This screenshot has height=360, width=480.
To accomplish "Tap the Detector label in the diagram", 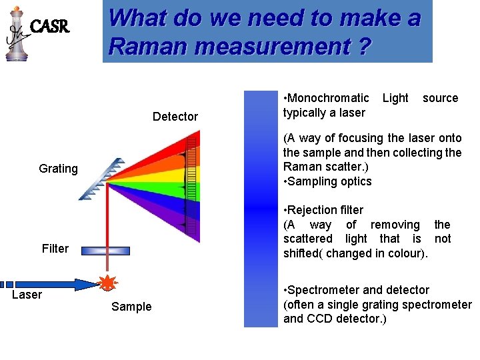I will pyautogui.click(x=175, y=117).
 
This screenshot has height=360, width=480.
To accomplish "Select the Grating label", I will pyautogui.click(x=58, y=169).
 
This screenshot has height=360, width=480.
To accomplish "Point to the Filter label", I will pyautogui.click(x=55, y=249).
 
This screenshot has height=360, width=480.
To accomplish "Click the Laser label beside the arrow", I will pyautogui.click(x=27, y=295).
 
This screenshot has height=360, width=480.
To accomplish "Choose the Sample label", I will pyautogui.click(x=131, y=307).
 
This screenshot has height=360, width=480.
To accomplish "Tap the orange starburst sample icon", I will pyautogui.click(x=106, y=283).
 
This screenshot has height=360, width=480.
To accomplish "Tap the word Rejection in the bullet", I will pyautogui.click(x=317, y=210).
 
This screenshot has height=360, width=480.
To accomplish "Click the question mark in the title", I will pyautogui.click(x=363, y=47).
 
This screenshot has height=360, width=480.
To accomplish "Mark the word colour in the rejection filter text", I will pyautogui.click(x=410, y=253).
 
